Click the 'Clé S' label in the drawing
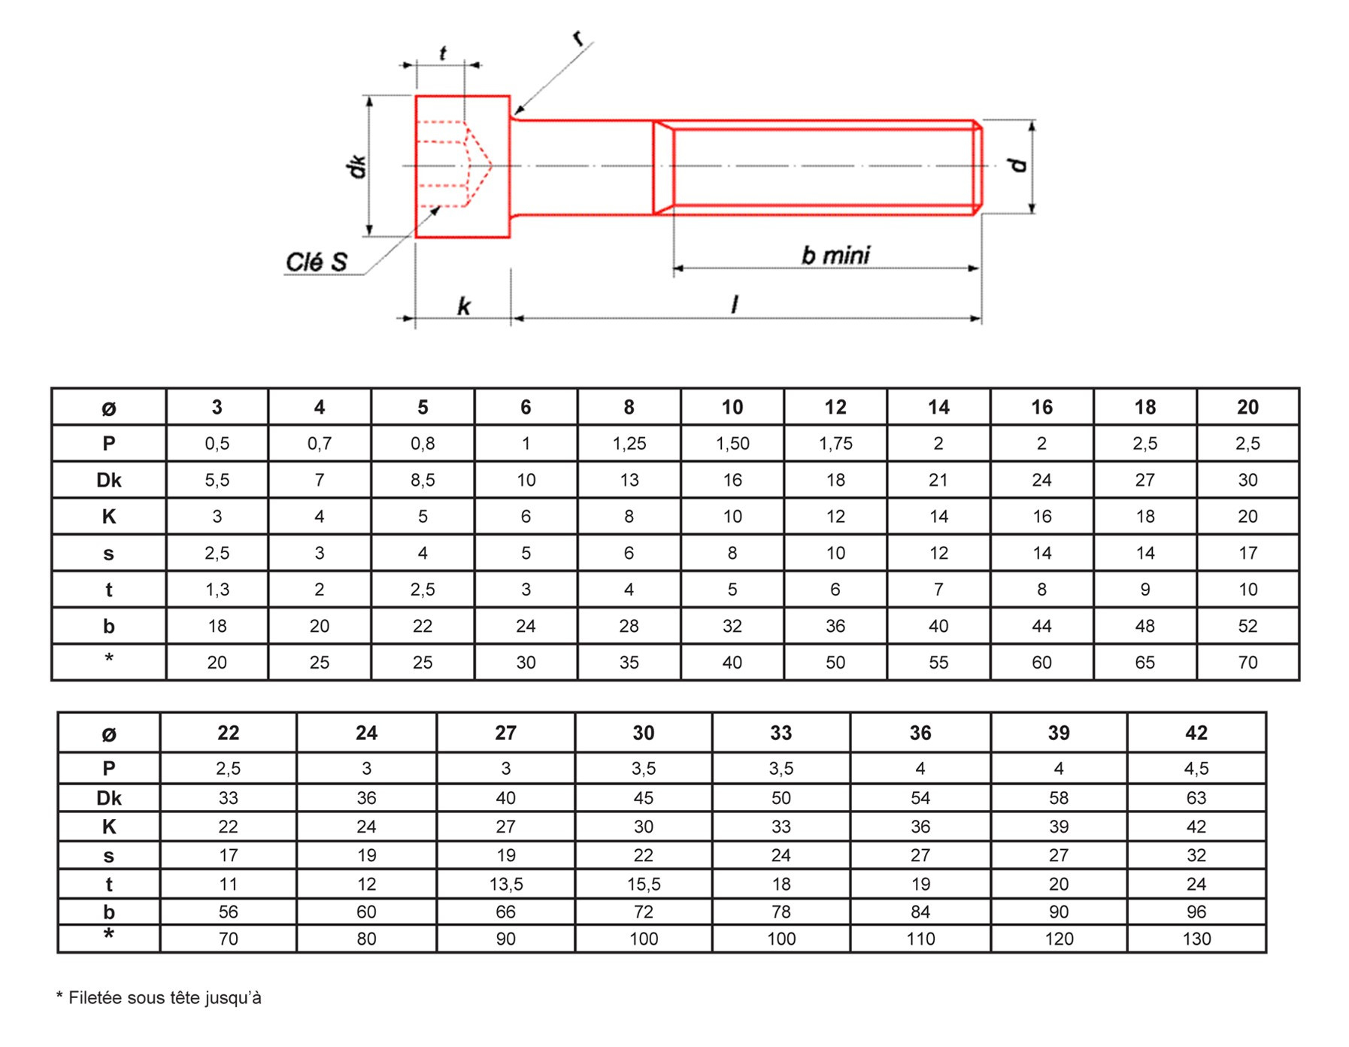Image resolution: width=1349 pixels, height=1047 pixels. (x=317, y=262)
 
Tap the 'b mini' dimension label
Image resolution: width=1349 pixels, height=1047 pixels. (x=835, y=256)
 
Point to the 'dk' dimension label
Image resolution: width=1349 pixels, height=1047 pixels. (x=357, y=166)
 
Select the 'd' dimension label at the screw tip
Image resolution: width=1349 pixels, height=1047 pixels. (x=1018, y=165)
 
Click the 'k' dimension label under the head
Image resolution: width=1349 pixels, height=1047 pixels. (x=464, y=306)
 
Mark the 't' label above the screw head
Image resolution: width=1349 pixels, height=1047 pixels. (x=442, y=53)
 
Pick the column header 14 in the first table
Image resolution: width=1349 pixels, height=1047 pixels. (x=938, y=407)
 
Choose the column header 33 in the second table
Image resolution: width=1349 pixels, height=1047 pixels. (x=781, y=733)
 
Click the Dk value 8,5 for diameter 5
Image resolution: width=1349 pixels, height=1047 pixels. (x=423, y=480)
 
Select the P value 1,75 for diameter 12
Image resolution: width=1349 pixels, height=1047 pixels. (x=835, y=444)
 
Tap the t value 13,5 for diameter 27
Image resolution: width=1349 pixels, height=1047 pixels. (x=506, y=884)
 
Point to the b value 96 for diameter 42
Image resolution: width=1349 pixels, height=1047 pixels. (x=1196, y=912)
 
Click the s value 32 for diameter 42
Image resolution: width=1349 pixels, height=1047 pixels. (x=1196, y=855)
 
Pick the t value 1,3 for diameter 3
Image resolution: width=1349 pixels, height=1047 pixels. (x=217, y=590)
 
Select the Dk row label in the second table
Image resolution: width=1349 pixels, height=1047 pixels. (x=109, y=798)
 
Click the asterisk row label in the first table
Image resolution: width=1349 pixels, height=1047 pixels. (x=109, y=658)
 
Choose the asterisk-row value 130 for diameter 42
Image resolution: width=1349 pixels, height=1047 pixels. (x=1196, y=939)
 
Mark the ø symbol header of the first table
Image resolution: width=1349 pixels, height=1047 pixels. (x=109, y=408)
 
